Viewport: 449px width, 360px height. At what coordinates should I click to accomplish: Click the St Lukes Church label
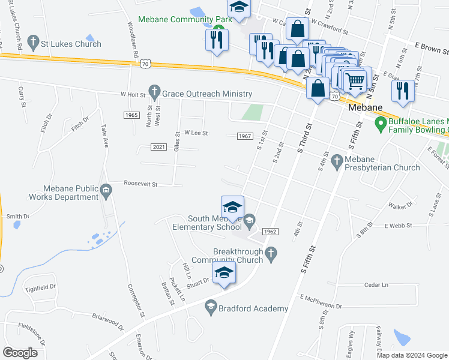pos(71,44)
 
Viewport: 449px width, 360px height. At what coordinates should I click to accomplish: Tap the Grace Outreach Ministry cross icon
pos(155,94)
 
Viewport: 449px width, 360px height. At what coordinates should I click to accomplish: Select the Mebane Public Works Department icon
pos(106,191)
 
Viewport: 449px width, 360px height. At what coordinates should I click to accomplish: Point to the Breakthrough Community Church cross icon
pos(271,254)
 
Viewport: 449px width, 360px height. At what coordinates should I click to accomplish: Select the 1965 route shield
pos(133,115)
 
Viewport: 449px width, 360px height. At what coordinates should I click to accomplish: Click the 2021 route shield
pos(159,147)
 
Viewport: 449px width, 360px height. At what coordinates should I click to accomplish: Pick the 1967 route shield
pos(244,136)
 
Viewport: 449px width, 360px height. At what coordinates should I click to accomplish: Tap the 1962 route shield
pos(270,232)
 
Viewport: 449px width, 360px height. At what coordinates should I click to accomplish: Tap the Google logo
pos(20,352)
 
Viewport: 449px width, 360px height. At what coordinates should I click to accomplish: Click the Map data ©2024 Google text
pos(412,355)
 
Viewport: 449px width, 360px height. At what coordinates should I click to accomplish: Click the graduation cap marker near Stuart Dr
pos(224,273)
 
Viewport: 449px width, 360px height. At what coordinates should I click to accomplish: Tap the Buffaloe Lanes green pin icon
pos(379,124)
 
